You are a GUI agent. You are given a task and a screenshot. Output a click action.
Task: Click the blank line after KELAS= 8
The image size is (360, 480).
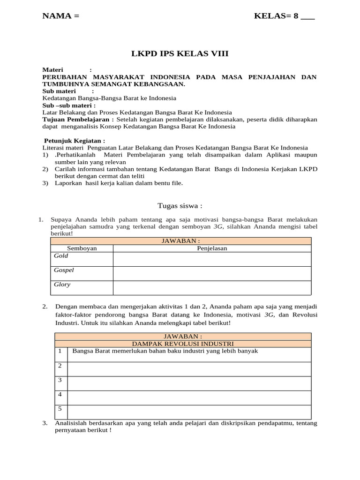pos(307,17)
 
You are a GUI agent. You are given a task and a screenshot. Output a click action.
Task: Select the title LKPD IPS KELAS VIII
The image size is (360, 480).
pos(180,54)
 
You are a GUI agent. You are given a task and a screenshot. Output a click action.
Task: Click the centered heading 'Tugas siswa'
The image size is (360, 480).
pos(180,206)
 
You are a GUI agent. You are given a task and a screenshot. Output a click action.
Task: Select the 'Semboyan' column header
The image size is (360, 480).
pos(82,248)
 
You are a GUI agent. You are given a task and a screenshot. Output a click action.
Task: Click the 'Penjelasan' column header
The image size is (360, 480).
pos(212,248)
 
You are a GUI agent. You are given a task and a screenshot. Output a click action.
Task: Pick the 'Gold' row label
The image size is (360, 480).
pos(61,256)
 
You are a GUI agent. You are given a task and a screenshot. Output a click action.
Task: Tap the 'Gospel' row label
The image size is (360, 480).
pos(64,270)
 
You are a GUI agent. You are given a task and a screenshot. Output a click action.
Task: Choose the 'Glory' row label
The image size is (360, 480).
pos(62,285)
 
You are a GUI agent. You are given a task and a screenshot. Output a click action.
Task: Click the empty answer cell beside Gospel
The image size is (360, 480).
pos(212,274)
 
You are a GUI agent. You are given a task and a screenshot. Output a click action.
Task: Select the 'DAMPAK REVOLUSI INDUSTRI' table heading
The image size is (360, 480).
pos(183,344)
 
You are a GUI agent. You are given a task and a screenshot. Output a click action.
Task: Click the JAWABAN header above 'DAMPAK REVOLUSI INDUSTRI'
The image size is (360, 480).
pos(183,337)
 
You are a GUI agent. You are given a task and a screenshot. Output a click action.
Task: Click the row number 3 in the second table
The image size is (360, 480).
pos(60,380)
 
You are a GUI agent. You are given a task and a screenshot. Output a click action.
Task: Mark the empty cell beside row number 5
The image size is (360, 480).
pos(189,412)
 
